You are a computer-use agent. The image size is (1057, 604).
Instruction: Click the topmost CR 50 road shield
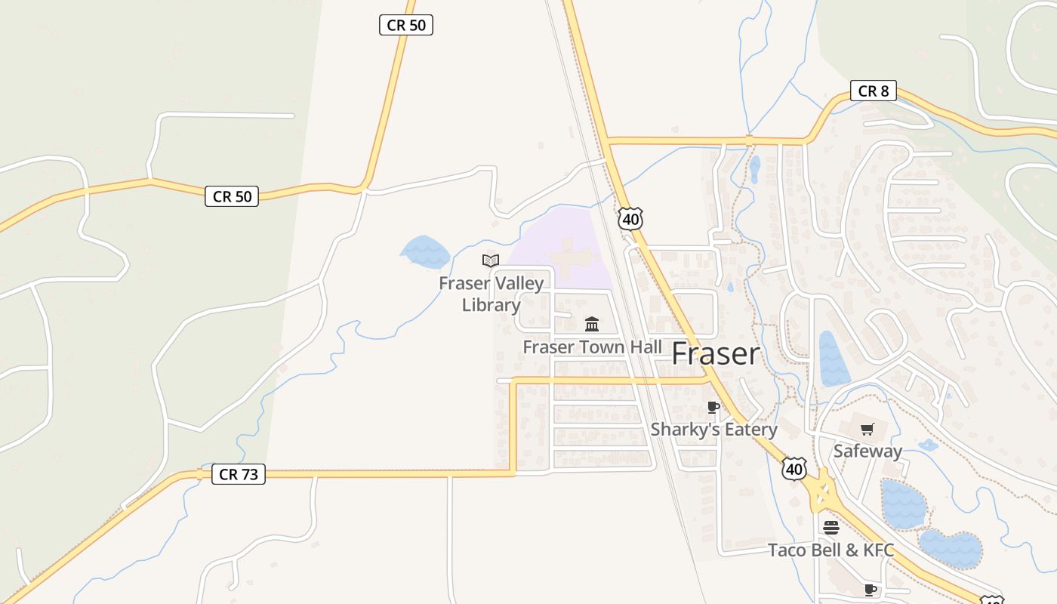(406, 25)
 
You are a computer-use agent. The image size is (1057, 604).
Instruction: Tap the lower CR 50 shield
(232, 196)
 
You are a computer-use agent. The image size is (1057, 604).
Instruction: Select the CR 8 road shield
(873, 91)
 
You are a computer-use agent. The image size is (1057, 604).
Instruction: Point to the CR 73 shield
(239, 474)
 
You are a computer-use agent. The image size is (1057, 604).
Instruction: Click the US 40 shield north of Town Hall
(630, 219)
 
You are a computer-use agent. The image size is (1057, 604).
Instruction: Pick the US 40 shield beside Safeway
(794, 469)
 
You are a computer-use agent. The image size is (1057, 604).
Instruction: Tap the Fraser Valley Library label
(491, 294)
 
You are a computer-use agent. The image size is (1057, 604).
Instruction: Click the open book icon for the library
(491, 261)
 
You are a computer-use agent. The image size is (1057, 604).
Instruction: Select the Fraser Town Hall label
(593, 347)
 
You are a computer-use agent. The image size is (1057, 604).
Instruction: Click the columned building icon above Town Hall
(592, 325)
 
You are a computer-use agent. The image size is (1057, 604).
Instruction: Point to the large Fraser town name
(715, 353)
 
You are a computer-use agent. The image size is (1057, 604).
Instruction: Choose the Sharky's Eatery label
(713, 430)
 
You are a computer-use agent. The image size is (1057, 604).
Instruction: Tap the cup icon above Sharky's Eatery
(713, 408)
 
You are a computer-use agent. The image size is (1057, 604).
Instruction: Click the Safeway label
(867, 451)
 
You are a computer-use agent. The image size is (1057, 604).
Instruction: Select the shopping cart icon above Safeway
(867, 429)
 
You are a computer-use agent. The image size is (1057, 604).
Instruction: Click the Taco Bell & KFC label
(830, 550)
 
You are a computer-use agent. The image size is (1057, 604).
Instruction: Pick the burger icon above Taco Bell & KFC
(830, 527)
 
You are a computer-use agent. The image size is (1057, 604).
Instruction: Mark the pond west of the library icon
(425, 252)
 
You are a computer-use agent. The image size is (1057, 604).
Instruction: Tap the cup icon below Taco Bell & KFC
(871, 589)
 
